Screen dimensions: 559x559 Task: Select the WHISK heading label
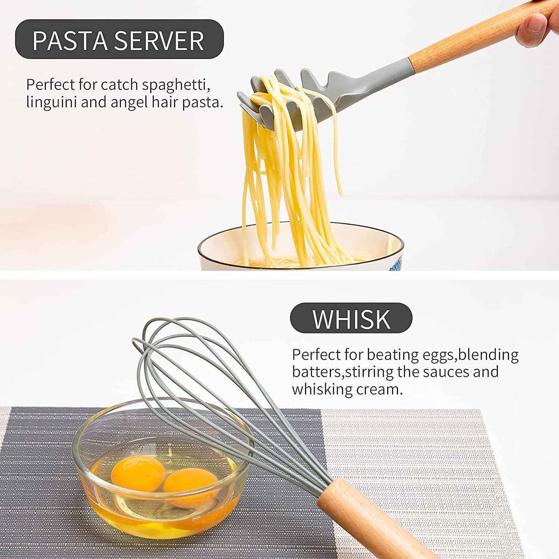coord(351,319)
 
